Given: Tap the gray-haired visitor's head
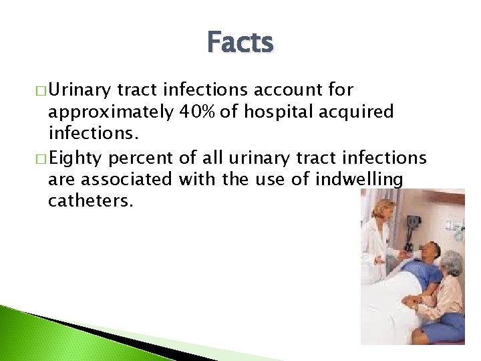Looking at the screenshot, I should pos(452,262).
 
